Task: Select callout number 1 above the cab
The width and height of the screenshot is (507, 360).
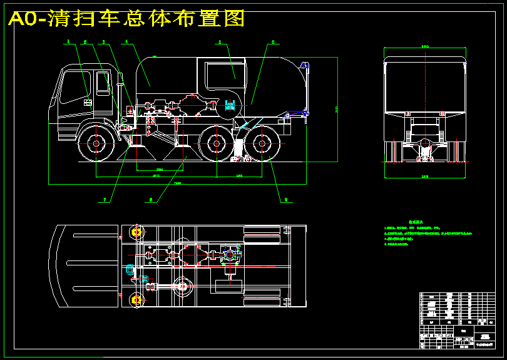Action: pos(68,43)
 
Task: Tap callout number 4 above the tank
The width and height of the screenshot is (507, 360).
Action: pos(126,43)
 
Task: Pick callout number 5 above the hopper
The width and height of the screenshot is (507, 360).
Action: pos(220,43)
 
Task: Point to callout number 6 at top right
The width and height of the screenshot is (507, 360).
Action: pos(272,43)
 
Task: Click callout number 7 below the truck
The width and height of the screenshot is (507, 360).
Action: pos(105,200)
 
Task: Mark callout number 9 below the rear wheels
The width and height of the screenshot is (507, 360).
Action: pos(285,200)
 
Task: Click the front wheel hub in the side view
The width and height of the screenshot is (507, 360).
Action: pos(95,143)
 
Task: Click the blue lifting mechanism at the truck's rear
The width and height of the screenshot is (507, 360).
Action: pos(305,88)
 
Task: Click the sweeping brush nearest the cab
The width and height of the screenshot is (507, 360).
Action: pos(140,148)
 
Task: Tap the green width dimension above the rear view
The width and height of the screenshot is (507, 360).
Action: pos(426,46)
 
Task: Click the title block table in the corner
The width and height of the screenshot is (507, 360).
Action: pos(460,320)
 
